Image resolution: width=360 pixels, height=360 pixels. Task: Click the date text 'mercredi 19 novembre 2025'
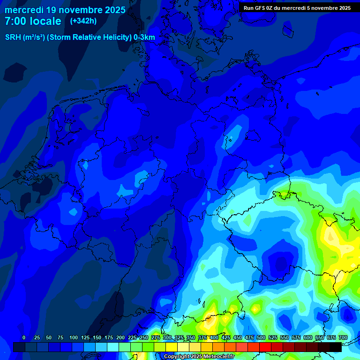tap(65, 10)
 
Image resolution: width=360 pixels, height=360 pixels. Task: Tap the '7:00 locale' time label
tap(33, 22)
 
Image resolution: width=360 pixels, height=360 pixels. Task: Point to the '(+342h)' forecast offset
tap(83, 21)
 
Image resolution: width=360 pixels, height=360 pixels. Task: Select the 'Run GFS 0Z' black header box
tap(297, 8)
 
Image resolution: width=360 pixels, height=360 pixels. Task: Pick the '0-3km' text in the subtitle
tap(144, 37)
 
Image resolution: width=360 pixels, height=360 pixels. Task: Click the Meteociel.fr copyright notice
tap(199, 356)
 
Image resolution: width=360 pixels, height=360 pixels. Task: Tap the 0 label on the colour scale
tap(24, 337)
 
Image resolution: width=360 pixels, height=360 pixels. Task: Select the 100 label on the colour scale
tap(74, 337)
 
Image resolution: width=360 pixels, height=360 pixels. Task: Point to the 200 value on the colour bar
tap(120, 337)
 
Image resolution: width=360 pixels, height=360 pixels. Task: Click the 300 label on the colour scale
tap(167, 337)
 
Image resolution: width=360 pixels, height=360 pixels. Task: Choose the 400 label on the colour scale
tap(214, 337)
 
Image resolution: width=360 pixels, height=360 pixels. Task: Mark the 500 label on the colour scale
tap(261, 337)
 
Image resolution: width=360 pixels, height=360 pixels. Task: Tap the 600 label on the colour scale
tap(308, 337)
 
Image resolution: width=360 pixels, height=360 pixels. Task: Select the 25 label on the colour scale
tap(37, 337)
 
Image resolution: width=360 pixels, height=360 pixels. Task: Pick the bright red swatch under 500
tap(265, 347)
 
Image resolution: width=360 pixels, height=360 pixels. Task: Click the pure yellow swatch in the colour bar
tap(172, 347)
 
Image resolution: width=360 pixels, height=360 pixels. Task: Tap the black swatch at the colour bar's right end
tap(336, 347)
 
